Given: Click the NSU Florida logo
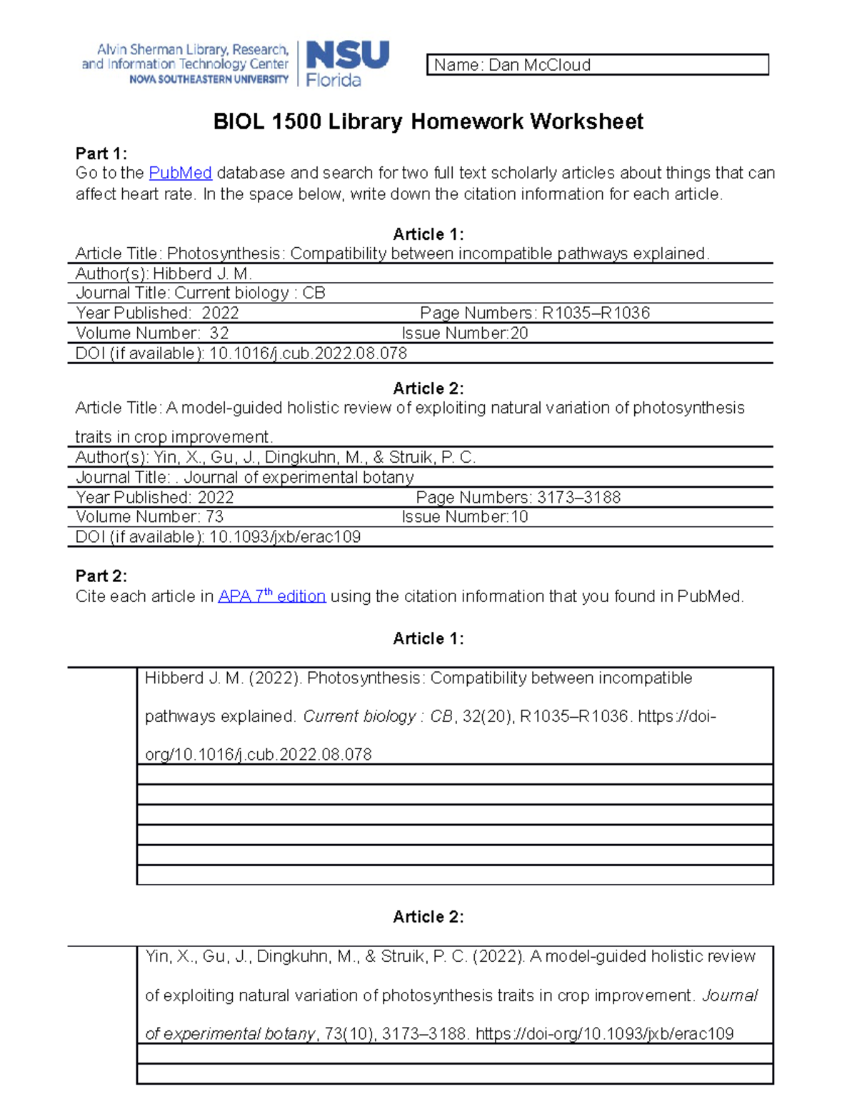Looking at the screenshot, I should click(x=347, y=64).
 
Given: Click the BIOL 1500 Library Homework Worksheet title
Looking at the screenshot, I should click(x=428, y=121).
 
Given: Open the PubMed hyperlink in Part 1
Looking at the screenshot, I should click(x=180, y=173).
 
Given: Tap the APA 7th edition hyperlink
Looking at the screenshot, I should click(x=271, y=596).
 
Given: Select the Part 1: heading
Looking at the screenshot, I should click(x=101, y=154).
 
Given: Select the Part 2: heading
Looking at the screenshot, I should click(x=101, y=576).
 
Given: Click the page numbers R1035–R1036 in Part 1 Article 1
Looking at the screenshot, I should click(x=596, y=313).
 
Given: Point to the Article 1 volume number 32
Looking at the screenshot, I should click(x=219, y=333).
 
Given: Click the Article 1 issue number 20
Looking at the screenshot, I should click(x=519, y=333).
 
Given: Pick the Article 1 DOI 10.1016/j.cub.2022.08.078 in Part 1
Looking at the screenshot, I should click(x=308, y=353).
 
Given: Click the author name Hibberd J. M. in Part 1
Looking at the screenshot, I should click(x=202, y=274).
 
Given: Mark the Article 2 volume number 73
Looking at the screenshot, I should click(x=214, y=516).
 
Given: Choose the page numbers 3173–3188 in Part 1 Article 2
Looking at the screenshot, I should click(x=578, y=497).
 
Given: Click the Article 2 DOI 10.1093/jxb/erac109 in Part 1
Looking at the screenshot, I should click(x=284, y=536).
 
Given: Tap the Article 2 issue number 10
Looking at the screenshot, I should click(x=519, y=516).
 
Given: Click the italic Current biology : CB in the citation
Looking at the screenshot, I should click(x=378, y=716).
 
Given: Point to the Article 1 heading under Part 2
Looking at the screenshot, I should click(x=428, y=638).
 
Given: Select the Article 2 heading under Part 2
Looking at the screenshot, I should click(x=428, y=916).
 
